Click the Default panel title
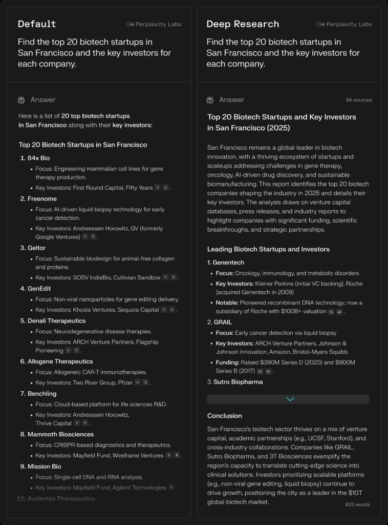pos(37,24)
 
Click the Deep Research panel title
pos(243,24)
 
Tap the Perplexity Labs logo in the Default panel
pos(154,24)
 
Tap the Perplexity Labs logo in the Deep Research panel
pos(344,24)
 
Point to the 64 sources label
pos(359,100)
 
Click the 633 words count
pos(357,504)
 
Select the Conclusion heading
pos(224,415)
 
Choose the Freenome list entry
pos(42,198)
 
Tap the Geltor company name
pos(36,248)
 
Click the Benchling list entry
pos(42,393)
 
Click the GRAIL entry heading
pos(223,322)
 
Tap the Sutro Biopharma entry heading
pos(238,382)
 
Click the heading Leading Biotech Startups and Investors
pos(268,249)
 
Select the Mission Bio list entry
pos(44,467)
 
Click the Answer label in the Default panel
pos(43,100)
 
